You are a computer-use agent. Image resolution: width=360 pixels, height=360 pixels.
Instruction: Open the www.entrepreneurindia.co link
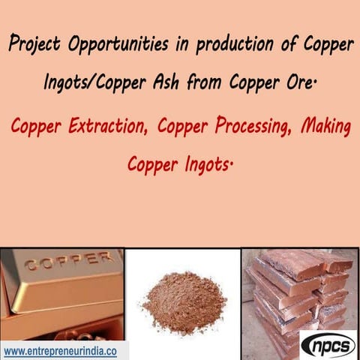pyautogui.click(x=63, y=350)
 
